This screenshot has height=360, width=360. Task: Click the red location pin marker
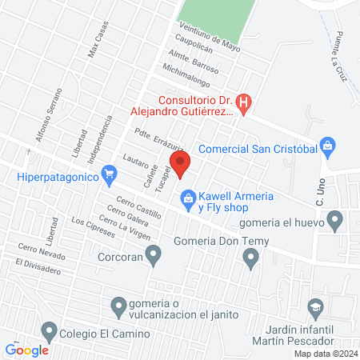(181, 166)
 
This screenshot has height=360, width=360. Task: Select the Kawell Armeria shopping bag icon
(188, 197)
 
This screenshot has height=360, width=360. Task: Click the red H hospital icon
(245, 102)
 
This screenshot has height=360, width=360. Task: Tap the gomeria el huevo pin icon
(335, 218)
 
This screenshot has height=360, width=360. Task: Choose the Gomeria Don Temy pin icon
(251, 257)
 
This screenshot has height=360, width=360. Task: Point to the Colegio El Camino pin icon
(50, 330)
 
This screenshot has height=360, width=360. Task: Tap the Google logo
(26, 350)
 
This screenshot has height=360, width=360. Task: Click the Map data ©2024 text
(326, 354)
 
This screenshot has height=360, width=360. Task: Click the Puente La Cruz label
(337, 49)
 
